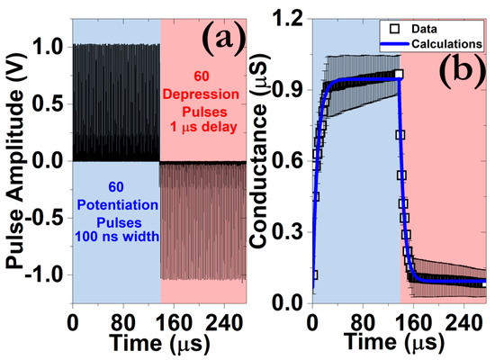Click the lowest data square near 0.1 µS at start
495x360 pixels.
click(x=313, y=275)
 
